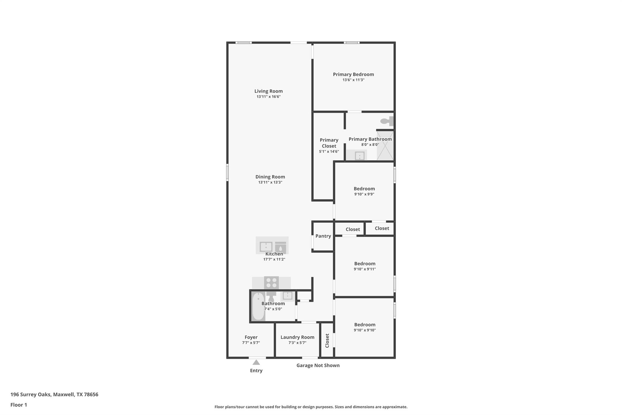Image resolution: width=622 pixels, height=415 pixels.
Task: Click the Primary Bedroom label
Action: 353,74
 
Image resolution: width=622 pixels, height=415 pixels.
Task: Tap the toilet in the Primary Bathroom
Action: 386,121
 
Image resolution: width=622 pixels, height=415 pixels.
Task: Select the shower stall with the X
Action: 385,145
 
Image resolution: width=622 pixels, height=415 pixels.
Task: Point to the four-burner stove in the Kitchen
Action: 271,282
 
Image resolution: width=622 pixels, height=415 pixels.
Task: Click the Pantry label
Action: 323,236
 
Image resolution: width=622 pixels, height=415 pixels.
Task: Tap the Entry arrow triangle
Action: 256,362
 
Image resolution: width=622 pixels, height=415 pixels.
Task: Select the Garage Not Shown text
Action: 318,365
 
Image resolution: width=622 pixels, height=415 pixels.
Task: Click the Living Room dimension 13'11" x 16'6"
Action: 268,97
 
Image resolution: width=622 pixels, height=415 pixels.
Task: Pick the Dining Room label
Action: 270,177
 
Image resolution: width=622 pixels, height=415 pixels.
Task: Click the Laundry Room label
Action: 297,337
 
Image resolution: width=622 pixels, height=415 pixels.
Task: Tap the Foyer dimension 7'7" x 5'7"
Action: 251,343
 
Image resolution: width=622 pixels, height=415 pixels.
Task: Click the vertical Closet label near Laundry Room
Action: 327,341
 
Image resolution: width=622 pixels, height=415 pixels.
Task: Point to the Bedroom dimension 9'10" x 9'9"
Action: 364,194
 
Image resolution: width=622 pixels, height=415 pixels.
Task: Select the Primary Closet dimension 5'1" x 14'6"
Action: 329,151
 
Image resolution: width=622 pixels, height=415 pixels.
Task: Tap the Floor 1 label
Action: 19,405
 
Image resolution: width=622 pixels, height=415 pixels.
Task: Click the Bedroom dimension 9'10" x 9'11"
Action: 365,269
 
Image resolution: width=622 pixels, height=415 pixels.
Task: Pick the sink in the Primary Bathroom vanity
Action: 360,156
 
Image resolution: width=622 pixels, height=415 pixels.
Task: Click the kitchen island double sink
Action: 266,246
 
